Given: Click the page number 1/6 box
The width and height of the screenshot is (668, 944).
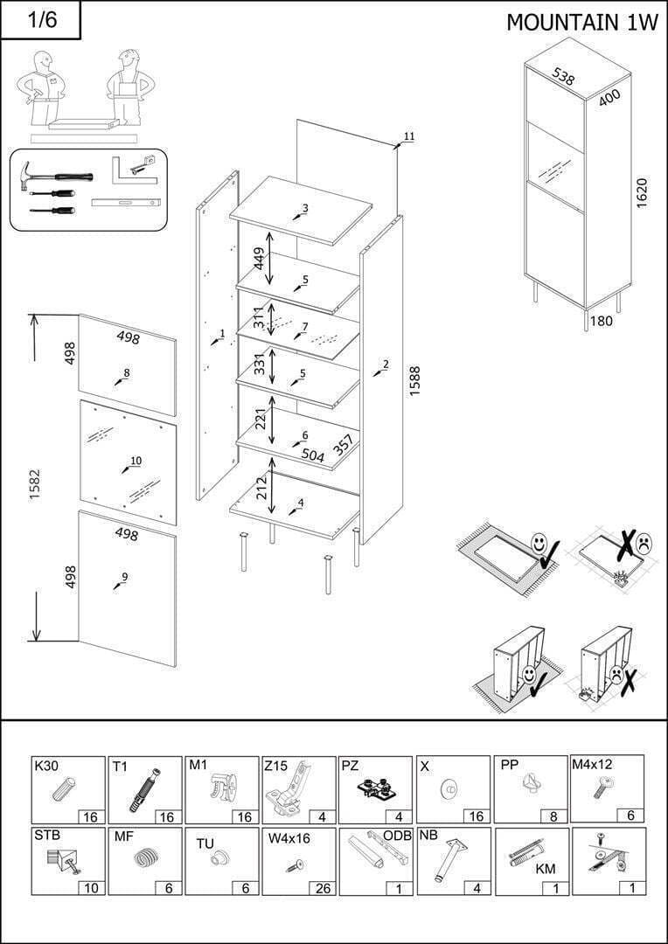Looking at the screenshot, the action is [40, 20].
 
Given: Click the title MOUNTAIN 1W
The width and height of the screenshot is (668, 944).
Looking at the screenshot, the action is [581, 22].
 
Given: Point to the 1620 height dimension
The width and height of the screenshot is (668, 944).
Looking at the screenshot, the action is [641, 192].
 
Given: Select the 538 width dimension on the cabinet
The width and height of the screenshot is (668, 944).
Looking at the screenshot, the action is [564, 75].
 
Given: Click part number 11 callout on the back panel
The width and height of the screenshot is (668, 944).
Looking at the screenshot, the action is [408, 136].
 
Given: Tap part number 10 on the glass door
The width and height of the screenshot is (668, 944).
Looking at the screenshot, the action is [136, 461].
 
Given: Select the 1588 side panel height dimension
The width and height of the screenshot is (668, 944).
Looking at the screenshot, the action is [414, 380].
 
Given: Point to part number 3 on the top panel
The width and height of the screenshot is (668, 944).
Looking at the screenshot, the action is [305, 208].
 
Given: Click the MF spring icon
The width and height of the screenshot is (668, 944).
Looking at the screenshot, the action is [144, 858].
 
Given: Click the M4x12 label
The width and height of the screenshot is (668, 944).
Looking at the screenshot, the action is [592, 765].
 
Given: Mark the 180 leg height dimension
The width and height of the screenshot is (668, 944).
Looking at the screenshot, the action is [602, 321].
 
